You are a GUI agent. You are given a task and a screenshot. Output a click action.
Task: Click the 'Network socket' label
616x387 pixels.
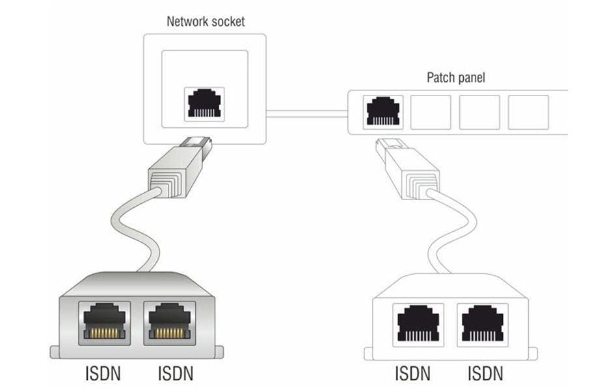[x=206, y=21]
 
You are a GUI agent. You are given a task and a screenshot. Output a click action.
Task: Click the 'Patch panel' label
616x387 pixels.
[x=455, y=78]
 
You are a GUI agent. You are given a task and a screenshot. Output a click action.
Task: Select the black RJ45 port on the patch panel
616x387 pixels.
[x=384, y=111]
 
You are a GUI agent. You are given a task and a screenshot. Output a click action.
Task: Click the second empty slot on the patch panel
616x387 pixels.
[x=479, y=112]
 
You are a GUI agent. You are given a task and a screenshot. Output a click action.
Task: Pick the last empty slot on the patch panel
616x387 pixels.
[x=528, y=112]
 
